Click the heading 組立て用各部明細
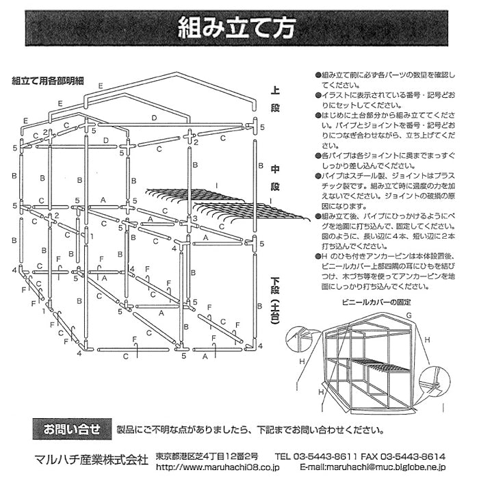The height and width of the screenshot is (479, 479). (x=48, y=80)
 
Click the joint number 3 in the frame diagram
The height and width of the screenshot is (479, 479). (x=195, y=219)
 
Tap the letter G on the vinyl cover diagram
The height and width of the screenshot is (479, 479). (x=408, y=315)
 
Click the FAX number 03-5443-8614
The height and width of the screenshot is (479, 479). (x=411, y=456)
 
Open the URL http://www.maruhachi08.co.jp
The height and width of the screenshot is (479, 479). (x=217, y=468)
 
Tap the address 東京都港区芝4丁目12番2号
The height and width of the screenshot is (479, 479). (x=206, y=456)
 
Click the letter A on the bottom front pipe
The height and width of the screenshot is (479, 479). (x=205, y=357)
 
